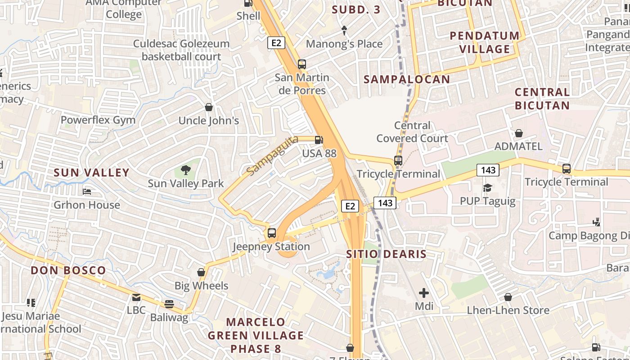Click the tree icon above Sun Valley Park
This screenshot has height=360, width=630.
[x=185, y=170]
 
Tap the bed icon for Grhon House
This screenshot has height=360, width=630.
[x=87, y=192]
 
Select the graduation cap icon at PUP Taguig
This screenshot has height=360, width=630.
[x=487, y=188]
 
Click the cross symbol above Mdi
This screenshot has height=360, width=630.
[x=423, y=293]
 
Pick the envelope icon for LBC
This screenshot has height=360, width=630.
[x=136, y=297]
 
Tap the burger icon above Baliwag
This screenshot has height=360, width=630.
[x=169, y=304]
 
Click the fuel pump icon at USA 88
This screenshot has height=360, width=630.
[x=319, y=140]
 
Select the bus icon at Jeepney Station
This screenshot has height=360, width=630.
[x=271, y=233]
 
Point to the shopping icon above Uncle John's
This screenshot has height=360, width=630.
[x=209, y=107]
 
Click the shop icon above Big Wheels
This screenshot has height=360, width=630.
[x=201, y=272]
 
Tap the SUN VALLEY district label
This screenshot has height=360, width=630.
[x=91, y=172]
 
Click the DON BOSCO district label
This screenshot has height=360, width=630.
[x=68, y=270]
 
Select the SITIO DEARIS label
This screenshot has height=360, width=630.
[x=386, y=254]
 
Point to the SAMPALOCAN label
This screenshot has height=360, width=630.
[x=406, y=80]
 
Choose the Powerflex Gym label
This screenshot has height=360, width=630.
[x=98, y=120]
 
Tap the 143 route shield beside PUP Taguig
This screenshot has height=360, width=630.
[x=488, y=170]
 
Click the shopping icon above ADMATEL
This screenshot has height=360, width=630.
[x=518, y=133]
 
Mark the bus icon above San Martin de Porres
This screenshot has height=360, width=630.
[x=301, y=64]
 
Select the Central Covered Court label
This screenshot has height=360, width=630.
[x=412, y=132]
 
